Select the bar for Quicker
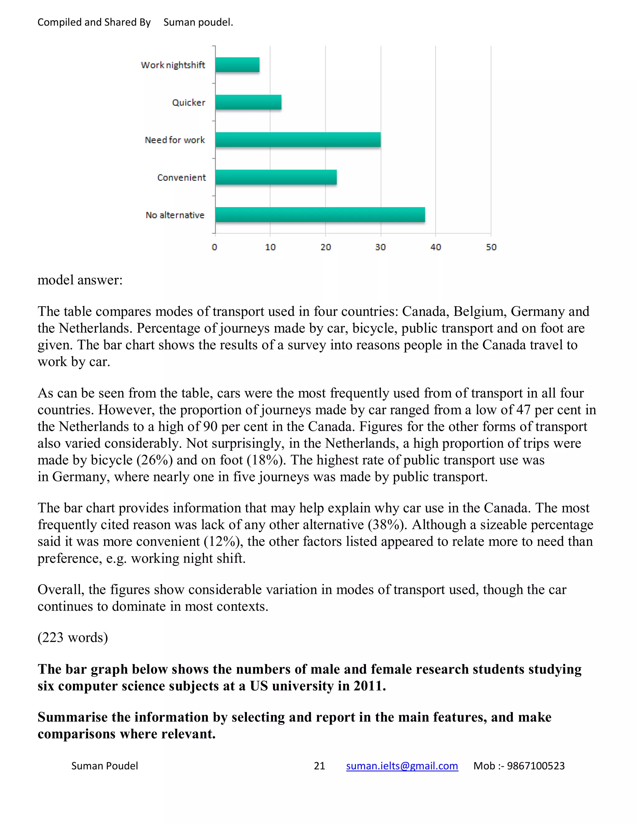click(248, 102)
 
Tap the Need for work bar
click(298, 140)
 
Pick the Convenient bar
click(276, 177)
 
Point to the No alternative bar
click(320, 215)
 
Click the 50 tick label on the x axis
click(491, 247)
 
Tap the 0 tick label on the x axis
click(214, 247)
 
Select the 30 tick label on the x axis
click(380, 247)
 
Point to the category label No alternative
click(175, 215)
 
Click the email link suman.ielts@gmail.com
click(402, 766)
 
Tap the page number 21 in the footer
click(319, 766)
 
